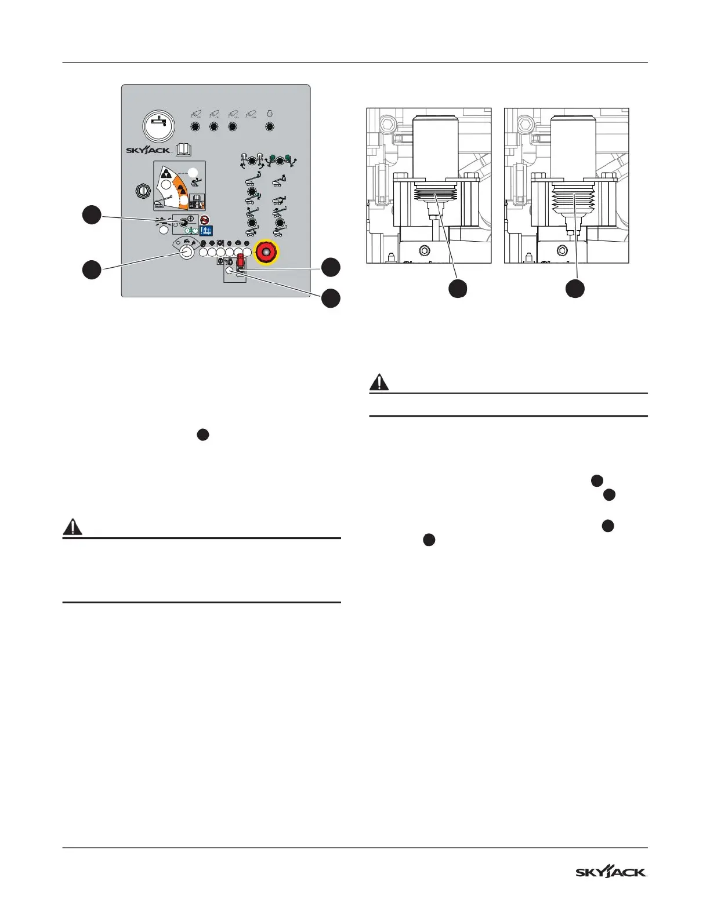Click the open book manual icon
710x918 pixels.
(183, 150)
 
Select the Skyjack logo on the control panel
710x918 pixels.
(148, 150)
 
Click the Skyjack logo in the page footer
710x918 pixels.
(611, 872)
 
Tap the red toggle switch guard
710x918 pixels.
(240, 260)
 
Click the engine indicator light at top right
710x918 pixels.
(269, 126)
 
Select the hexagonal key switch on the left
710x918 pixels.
(142, 191)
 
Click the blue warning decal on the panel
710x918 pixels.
(205, 231)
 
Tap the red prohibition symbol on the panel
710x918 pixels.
(205, 220)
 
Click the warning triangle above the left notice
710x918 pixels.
(73, 527)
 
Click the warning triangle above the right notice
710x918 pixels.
(379, 382)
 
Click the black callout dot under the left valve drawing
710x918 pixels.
(458, 289)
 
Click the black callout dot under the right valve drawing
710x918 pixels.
(575, 289)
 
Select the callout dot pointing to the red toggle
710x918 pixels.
(331, 267)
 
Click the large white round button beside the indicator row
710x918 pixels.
(186, 252)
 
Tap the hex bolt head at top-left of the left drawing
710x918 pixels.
(388, 123)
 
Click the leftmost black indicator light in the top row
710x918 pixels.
(195, 126)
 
